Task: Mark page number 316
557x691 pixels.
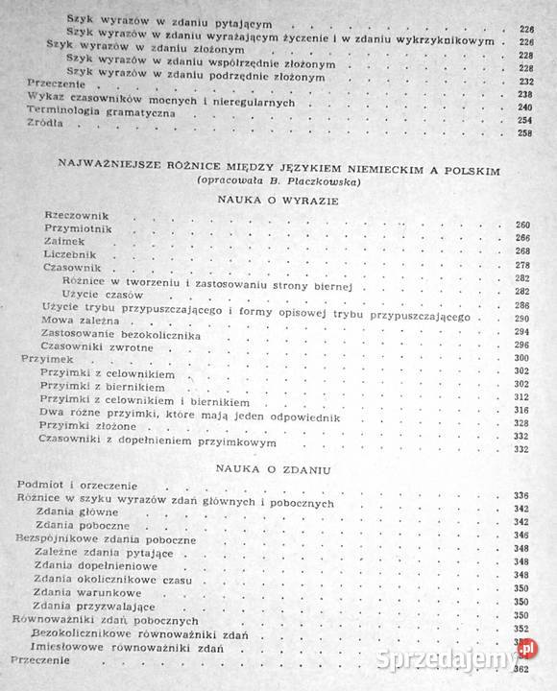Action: click(x=522, y=410)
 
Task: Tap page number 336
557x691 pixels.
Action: click(x=522, y=495)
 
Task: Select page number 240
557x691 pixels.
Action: click(x=522, y=107)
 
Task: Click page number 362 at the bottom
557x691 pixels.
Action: click(x=524, y=669)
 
